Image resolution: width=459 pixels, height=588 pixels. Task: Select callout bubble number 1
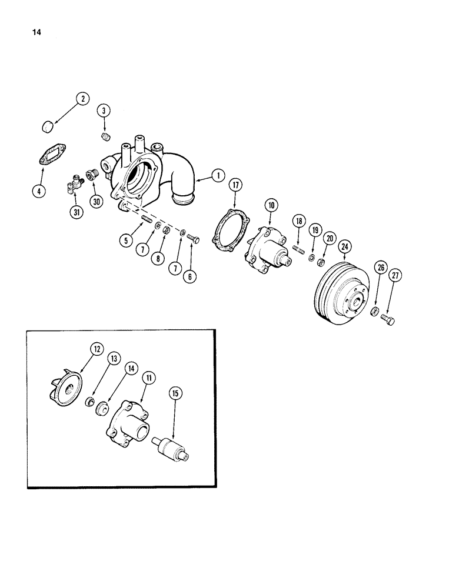tap(217, 175)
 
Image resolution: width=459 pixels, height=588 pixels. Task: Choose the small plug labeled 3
tap(107, 138)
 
